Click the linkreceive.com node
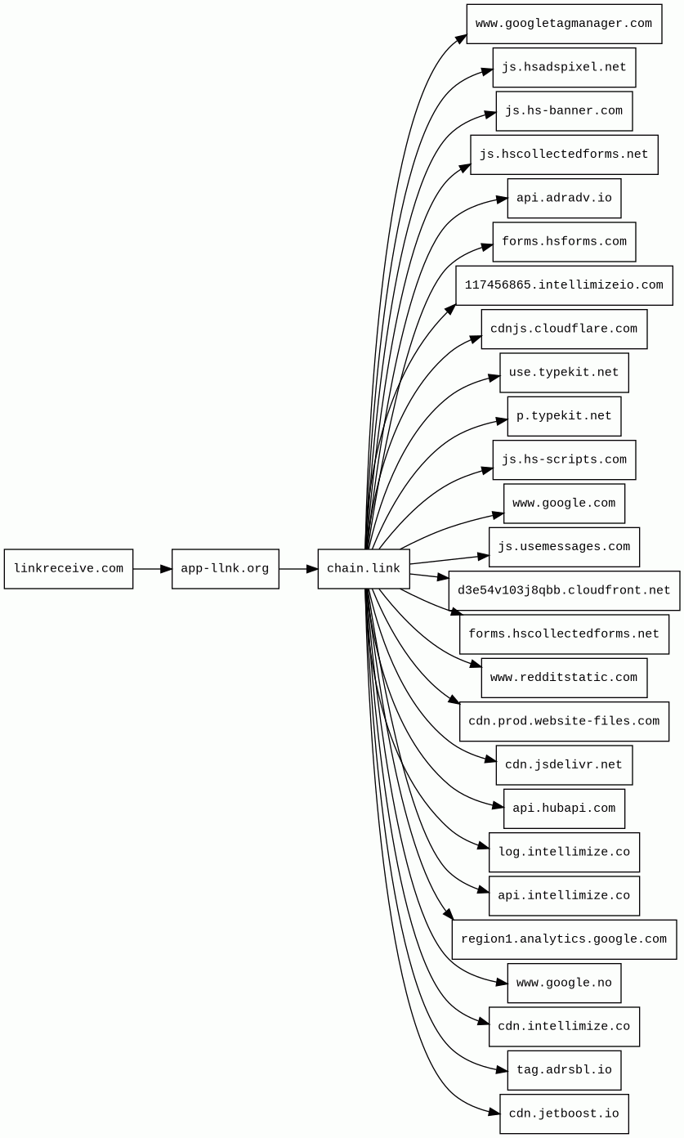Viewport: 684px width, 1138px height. tap(69, 569)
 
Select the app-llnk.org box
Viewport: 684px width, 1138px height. tap(225, 569)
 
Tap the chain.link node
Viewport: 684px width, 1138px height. tap(364, 569)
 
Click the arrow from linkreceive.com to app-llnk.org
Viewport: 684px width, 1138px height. tap(152, 569)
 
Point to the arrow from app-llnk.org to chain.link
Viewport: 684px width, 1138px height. tap(298, 569)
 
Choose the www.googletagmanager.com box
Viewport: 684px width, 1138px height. tap(564, 24)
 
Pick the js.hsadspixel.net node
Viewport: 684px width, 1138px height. tap(564, 68)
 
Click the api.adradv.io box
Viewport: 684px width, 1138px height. tap(564, 199)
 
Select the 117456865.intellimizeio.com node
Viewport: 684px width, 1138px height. tap(564, 285)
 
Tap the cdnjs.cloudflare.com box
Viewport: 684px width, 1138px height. tap(564, 329)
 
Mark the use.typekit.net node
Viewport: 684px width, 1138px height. tap(564, 373)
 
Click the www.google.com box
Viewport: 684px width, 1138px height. tap(564, 504)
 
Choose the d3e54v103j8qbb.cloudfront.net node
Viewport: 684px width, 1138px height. tap(564, 590)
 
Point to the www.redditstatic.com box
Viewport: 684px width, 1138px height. tap(564, 678)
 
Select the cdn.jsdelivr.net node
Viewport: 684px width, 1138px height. tap(564, 765)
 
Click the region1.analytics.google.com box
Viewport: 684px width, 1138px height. tap(564, 939)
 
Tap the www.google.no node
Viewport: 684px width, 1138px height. tap(564, 983)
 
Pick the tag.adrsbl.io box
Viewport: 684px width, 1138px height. tap(564, 1070)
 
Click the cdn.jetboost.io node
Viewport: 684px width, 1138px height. tap(564, 1114)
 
